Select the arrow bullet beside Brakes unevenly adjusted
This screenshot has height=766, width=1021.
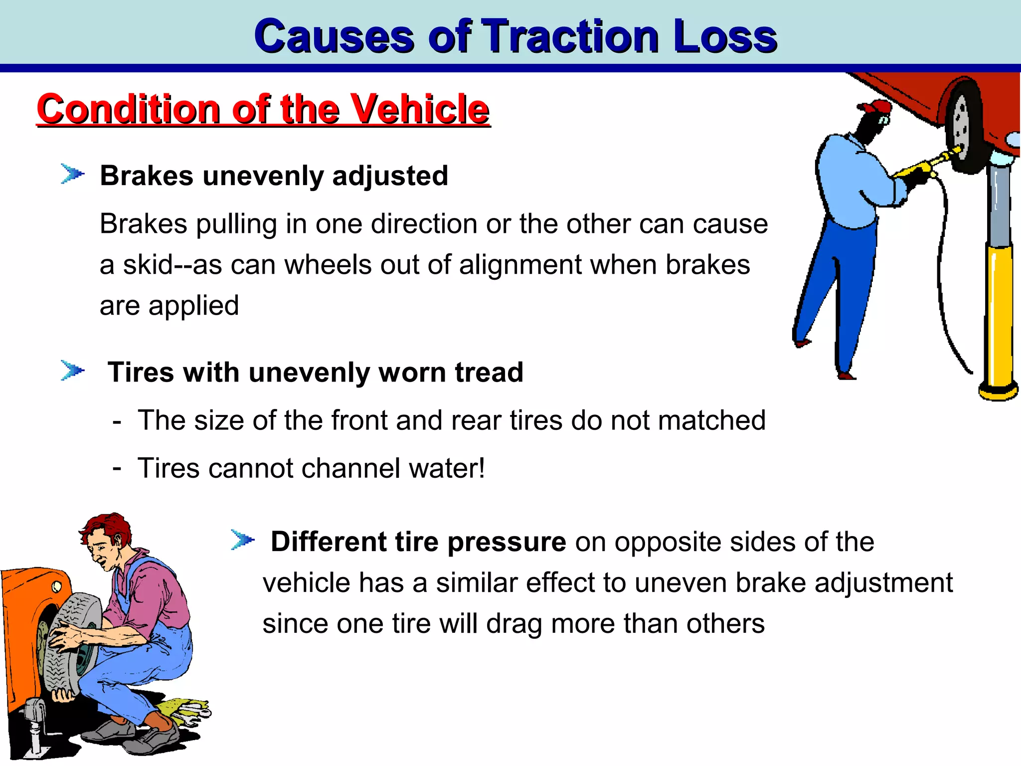coord(72,174)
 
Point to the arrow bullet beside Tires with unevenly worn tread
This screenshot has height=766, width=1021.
coord(72,371)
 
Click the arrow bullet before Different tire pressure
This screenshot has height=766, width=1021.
coord(242,540)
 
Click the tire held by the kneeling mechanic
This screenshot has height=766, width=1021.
coord(70,643)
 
